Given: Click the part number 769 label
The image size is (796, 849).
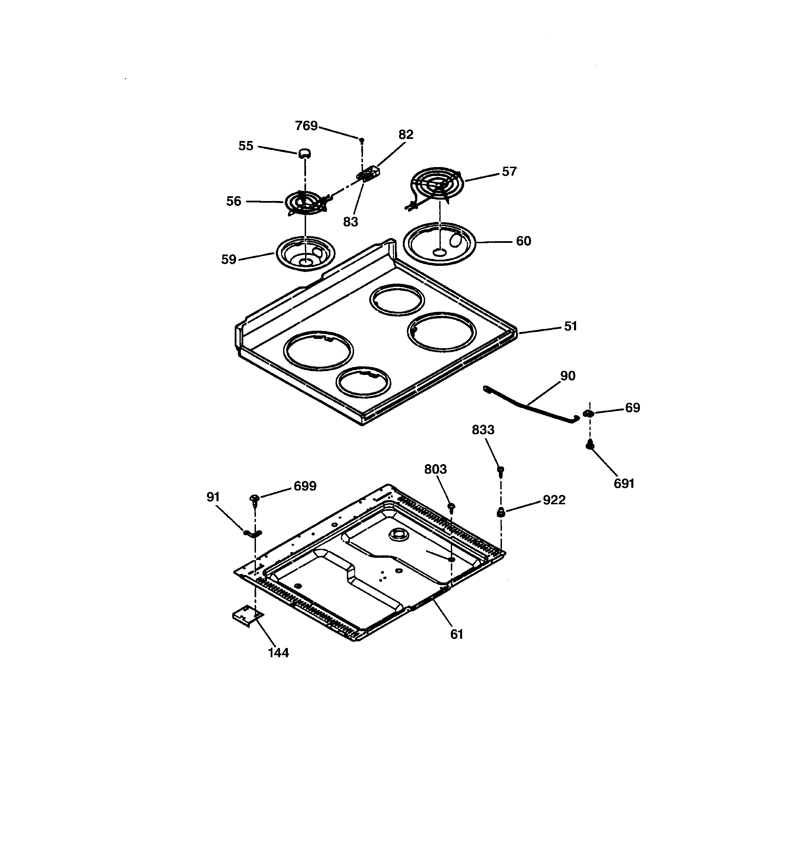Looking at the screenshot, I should [x=306, y=126].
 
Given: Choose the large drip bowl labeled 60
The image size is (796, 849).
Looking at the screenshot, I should [x=439, y=244].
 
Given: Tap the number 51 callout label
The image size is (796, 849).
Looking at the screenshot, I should [x=570, y=326].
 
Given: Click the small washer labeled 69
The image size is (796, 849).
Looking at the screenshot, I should [x=589, y=413].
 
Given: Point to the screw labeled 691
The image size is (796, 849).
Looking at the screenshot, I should [x=590, y=445].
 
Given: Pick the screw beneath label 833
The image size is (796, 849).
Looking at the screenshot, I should [x=501, y=471].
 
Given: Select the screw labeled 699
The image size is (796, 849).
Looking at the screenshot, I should [x=254, y=499].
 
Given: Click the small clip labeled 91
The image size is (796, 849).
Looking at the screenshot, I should [x=253, y=533].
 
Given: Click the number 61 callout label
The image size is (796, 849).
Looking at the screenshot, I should [x=457, y=634].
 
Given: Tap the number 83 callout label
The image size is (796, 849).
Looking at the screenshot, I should [x=350, y=222].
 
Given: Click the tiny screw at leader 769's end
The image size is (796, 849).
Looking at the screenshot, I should [x=362, y=140].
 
